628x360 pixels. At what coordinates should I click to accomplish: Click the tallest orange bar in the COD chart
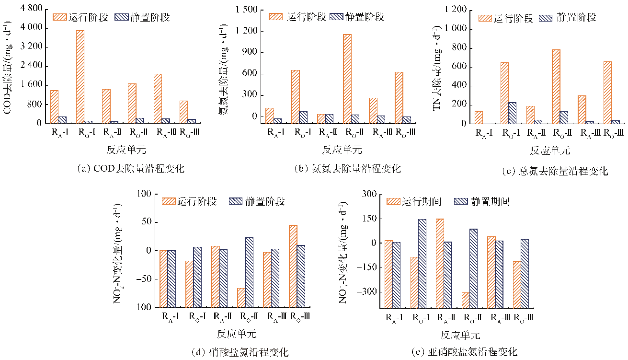tap(80, 77)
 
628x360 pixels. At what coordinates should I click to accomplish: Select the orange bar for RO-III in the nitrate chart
tap(293, 238)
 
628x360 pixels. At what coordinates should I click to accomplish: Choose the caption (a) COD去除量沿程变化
tap(130, 169)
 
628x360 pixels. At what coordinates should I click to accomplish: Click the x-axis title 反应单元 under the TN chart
tap(550, 151)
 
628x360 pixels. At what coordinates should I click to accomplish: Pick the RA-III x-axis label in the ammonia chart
tap(377, 132)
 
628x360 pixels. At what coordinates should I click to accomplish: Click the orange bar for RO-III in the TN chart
tap(608, 93)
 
